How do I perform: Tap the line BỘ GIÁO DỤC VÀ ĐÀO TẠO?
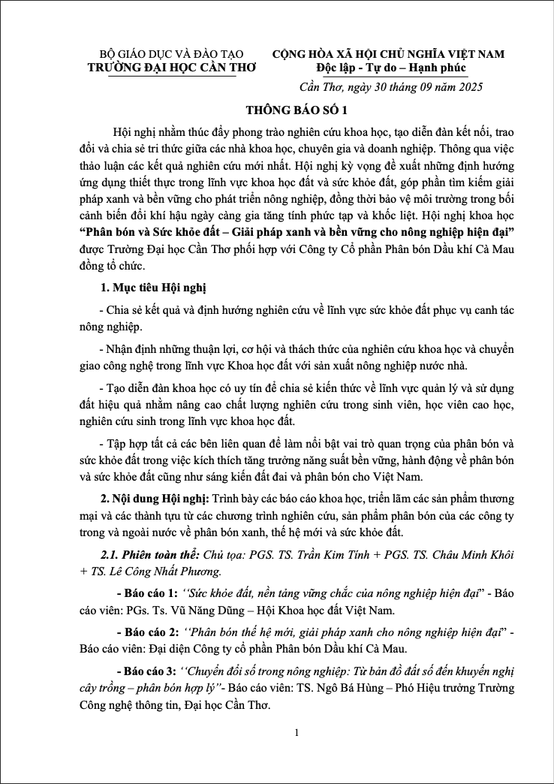(172, 54)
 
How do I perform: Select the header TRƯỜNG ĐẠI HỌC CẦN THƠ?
(172, 68)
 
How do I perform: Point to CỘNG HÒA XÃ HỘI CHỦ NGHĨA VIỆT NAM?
(388, 54)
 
